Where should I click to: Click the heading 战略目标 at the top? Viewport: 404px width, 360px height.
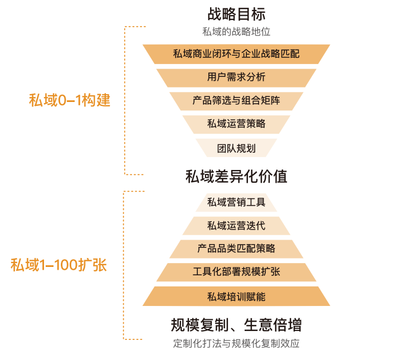pos(236,14)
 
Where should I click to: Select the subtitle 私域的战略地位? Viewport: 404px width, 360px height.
pos(236,32)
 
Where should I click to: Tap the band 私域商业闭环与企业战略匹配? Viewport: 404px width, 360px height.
pos(236,54)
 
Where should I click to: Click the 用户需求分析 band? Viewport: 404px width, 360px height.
pos(236,77)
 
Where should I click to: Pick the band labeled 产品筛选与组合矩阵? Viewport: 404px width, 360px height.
pos(236,101)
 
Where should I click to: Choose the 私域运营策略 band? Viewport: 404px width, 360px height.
pos(236,124)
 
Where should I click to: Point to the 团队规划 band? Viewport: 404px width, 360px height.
pos(236,148)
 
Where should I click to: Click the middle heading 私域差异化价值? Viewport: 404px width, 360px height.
pos(236,177)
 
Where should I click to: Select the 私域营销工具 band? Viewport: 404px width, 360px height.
pos(236,202)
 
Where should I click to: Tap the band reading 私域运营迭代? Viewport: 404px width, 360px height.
pos(236,225)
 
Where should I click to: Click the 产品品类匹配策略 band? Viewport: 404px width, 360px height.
pos(236,249)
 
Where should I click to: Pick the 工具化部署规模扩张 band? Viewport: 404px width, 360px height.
pos(236,272)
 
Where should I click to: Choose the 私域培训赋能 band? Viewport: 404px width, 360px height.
pos(236,296)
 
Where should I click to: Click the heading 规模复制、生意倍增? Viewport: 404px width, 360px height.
pos(236,324)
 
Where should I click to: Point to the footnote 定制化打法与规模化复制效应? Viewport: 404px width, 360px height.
pos(236,343)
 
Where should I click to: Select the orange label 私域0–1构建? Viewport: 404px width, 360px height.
pos(70,100)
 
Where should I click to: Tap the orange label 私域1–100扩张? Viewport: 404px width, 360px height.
pos(59,265)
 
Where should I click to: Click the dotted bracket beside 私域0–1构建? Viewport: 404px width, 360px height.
pos(125,100)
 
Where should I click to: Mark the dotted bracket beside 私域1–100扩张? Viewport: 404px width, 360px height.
pos(124,265)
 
